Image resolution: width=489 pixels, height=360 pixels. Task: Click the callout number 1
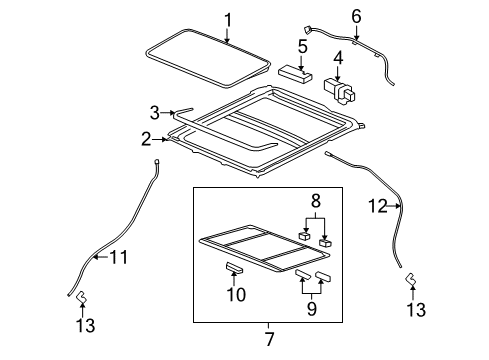227,19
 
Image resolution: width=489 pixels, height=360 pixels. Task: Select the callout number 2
146,139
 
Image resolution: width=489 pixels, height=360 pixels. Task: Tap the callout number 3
154,113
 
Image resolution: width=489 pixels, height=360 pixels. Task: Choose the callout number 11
119,258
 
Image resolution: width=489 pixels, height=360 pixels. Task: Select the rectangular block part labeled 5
293,72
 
